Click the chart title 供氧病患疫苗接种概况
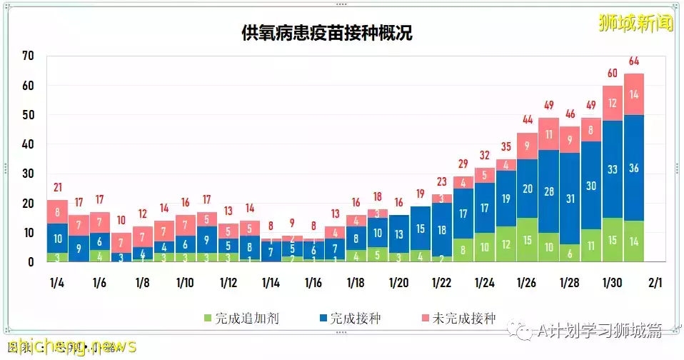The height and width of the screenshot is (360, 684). coord(326,34)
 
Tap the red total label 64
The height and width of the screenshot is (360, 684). coord(634,61)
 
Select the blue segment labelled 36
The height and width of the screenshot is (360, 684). coord(634,169)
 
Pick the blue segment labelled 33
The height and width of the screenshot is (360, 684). coord(613,170)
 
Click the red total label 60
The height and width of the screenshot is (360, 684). coord(613,73)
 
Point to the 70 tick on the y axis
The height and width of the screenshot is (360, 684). coord(28,56)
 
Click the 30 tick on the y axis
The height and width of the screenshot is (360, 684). coord(28,174)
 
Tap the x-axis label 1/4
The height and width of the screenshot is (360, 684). coord(57,283)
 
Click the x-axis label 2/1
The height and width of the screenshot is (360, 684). coord(655,283)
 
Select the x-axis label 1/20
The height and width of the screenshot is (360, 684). coord(398,283)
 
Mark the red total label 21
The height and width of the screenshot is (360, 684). coord(57,188)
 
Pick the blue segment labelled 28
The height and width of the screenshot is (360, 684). coord(548,191)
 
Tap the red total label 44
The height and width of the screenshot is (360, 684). coord(527,120)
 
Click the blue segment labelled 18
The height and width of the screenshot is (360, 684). coord(441,229)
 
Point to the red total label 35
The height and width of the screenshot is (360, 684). coord(506,146)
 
